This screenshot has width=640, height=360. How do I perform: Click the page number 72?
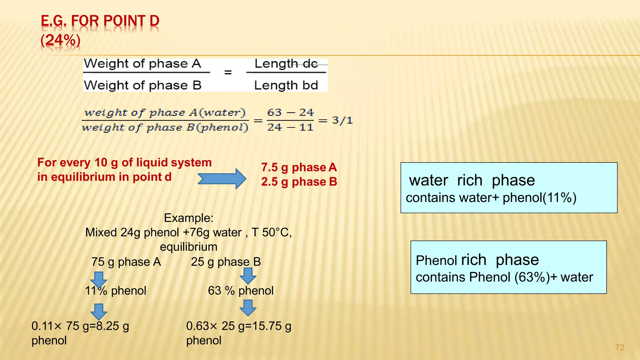click(619, 347)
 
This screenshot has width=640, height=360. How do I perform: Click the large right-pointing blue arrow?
click(222, 179)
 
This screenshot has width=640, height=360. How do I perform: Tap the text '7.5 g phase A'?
click(299, 167)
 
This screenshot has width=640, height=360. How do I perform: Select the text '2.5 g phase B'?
click(299, 182)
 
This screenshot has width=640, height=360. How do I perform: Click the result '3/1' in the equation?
click(342, 120)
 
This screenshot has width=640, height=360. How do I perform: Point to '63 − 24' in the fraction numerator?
click(290, 112)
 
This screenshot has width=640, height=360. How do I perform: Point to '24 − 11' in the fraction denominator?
click(290, 127)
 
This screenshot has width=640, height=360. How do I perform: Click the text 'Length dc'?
click(286, 64)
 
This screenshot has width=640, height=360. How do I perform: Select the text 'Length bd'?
click(286, 85)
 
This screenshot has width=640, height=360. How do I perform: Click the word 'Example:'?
click(188, 218)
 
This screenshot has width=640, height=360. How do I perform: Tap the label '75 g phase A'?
click(126, 262)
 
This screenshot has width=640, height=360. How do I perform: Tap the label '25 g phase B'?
click(226, 262)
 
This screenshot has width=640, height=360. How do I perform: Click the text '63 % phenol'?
click(241, 291)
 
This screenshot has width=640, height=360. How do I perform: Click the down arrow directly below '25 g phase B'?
click(248, 275)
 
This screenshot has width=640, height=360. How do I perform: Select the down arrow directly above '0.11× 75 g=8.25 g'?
click(99, 311)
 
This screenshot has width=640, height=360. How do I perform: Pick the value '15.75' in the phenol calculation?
click(267, 326)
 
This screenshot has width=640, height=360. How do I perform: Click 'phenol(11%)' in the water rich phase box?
click(539, 198)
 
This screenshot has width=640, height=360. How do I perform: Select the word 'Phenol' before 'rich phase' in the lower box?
click(436, 260)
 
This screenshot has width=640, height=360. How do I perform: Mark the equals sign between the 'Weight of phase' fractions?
click(228, 72)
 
